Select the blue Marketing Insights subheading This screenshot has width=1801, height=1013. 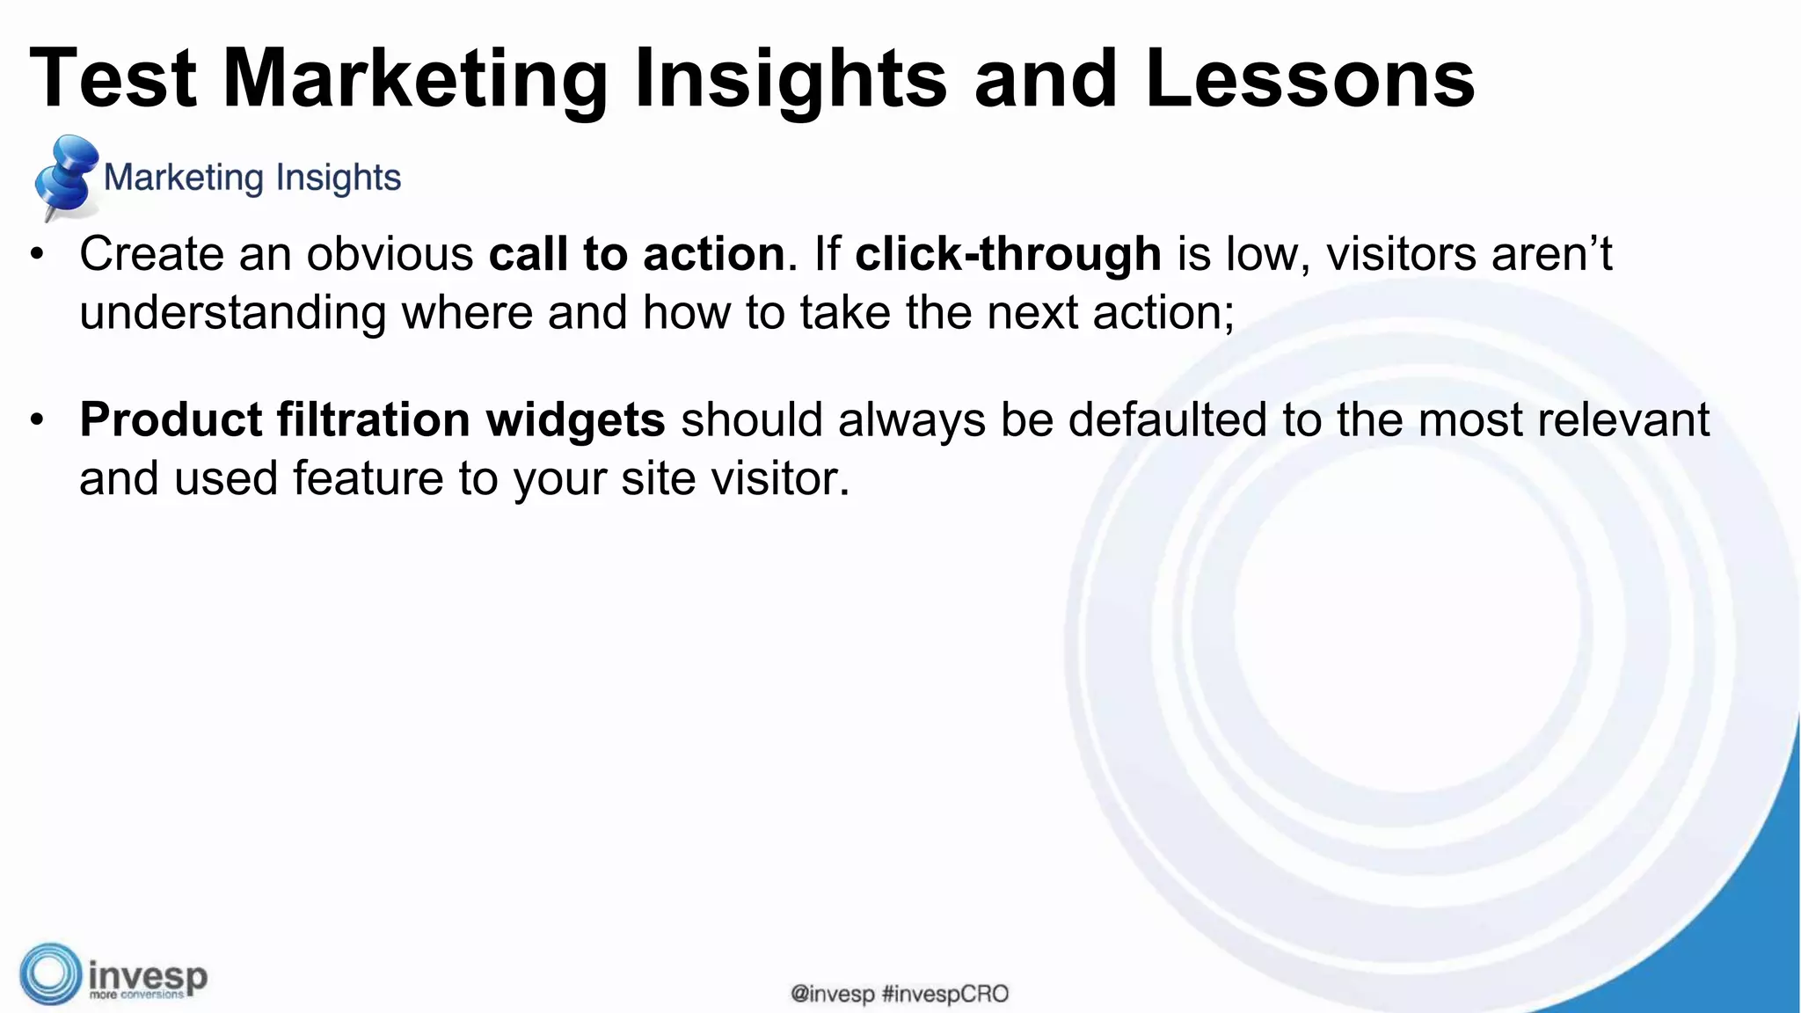(x=252, y=178)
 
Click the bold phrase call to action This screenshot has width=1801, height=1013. (x=637, y=254)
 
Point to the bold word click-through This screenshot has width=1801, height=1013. (x=1008, y=254)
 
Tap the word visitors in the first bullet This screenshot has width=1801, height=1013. (x=1401, y=254)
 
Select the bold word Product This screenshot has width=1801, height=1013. (x=171, y=420)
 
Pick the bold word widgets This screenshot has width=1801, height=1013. (x=575, y=420)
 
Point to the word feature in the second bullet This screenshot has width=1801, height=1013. (x=368, y=479)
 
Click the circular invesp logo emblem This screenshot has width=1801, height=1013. (x=50, y=974)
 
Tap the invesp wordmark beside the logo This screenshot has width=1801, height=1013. (x=148, y=976)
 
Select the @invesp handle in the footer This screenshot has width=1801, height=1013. (x=832, y=995)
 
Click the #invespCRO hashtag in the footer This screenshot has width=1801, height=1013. (x=944, y=995)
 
